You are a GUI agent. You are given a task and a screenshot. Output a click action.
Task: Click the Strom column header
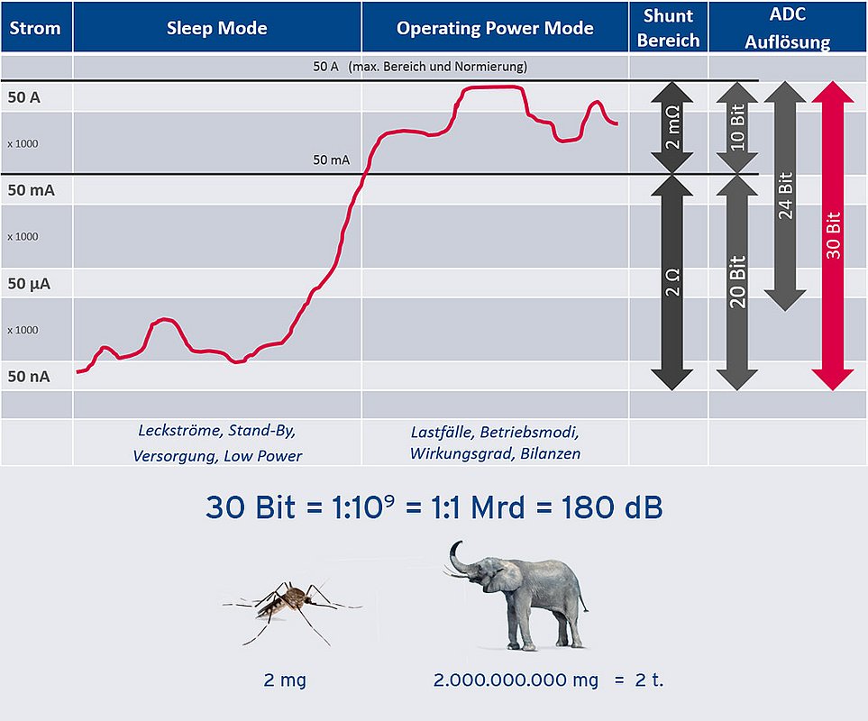pyautogui.click(x=35, y=28)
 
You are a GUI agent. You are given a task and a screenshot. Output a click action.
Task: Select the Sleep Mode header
pyautogui.click(x=217, y=28)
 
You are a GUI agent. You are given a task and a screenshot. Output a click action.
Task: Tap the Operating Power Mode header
pyautogui.click(x=495, y=28)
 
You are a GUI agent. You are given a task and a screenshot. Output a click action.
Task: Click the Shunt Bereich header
pyautogui.click(x=668, y=28)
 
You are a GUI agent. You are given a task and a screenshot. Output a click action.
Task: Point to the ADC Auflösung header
pyautogui.click(x=787, y=28)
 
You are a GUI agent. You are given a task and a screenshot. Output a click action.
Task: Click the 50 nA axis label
pyautogui.click(x=29, y=376)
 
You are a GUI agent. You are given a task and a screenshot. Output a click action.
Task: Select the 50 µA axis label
pyautogui.click(x=29, y=283)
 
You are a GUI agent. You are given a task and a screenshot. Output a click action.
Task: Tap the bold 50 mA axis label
pyautogui.click(x=31, y=190)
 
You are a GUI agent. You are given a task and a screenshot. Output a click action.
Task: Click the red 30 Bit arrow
pyautogui.click(x=833, y=236)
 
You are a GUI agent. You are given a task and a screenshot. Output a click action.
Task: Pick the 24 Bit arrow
pyautogui.click(x=785, y=196)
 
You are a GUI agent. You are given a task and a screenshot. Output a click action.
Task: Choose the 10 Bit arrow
pyautogui.click(x=736, y=127)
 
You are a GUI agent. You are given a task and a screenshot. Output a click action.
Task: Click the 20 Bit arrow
pyautogui.click(x=736, y=282)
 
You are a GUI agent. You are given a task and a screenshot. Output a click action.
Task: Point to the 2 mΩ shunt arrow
pyautogui.click(x=672, y=127)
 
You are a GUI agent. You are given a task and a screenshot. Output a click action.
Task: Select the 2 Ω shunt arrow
pyautogui.click(x=672, y=282)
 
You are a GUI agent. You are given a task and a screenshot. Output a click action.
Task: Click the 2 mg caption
pyautogui.click(x=285, y=680)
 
